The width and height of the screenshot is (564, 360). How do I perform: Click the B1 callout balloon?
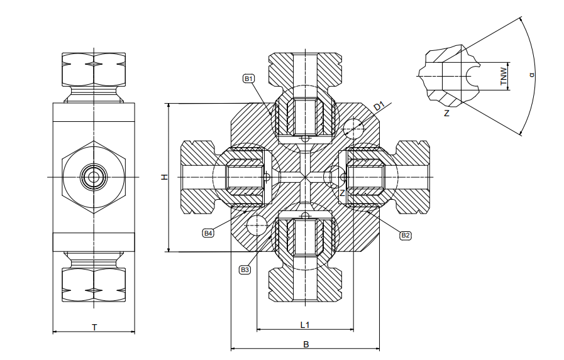click(x=249, y=79)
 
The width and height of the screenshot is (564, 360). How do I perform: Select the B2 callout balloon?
click(x=406, y=236)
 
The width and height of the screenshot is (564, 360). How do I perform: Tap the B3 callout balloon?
click(x=245, y=270)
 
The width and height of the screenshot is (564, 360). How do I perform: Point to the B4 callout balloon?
click(x=208, y=233)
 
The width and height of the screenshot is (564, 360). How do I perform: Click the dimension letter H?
click(x=165, y=177)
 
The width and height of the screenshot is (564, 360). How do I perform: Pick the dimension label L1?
click(x=305, y=325)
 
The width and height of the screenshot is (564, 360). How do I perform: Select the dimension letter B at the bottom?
click(x=306, y=344)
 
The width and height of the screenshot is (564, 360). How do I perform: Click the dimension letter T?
click(x=94, y=327)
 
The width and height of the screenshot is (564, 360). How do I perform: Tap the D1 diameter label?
click(x=379, y=106)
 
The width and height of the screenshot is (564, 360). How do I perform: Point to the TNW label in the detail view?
click(x=504, y=76)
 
